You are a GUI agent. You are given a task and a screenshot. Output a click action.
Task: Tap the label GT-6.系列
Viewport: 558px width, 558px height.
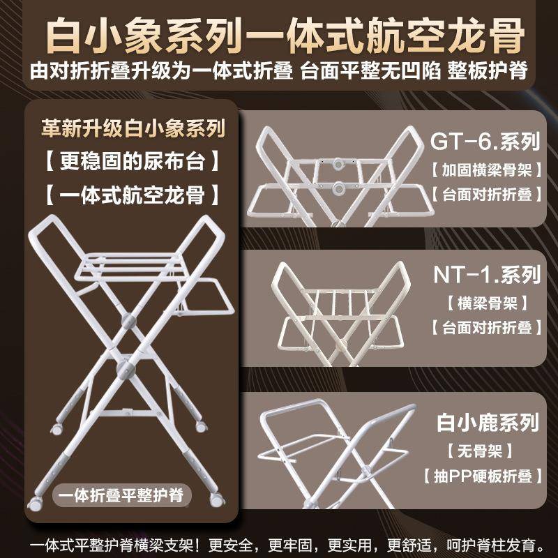coord(485,142)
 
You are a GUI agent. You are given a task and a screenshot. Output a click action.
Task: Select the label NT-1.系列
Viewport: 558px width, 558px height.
coord(485,274)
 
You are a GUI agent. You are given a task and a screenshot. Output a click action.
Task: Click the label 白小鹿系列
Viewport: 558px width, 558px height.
coord(488,422)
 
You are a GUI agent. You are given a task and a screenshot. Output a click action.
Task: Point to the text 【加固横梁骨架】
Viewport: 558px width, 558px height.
coord(485,169)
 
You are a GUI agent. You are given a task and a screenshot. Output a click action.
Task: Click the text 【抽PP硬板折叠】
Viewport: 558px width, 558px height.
coord(483,477)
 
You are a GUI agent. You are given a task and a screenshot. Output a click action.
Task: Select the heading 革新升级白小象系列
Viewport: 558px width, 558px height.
coord(132,130)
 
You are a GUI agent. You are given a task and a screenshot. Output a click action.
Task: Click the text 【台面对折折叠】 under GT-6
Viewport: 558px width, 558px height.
coord(485,195)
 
